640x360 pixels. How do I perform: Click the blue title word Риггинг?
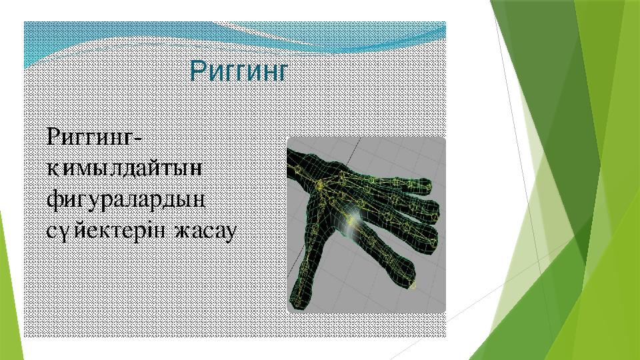(x=239, y=71)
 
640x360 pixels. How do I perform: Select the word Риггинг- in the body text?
(x=95, y=136)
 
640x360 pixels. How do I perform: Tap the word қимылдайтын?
(x=125, y=168)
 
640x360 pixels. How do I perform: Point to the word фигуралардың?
(x=126, y=201)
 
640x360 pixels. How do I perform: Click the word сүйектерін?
(x=106, y=231)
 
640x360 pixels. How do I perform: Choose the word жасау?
(x=206, y=231)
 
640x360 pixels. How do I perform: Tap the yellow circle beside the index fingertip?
(x=413, y=285)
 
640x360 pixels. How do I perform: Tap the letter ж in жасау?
(x=183, y=232)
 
